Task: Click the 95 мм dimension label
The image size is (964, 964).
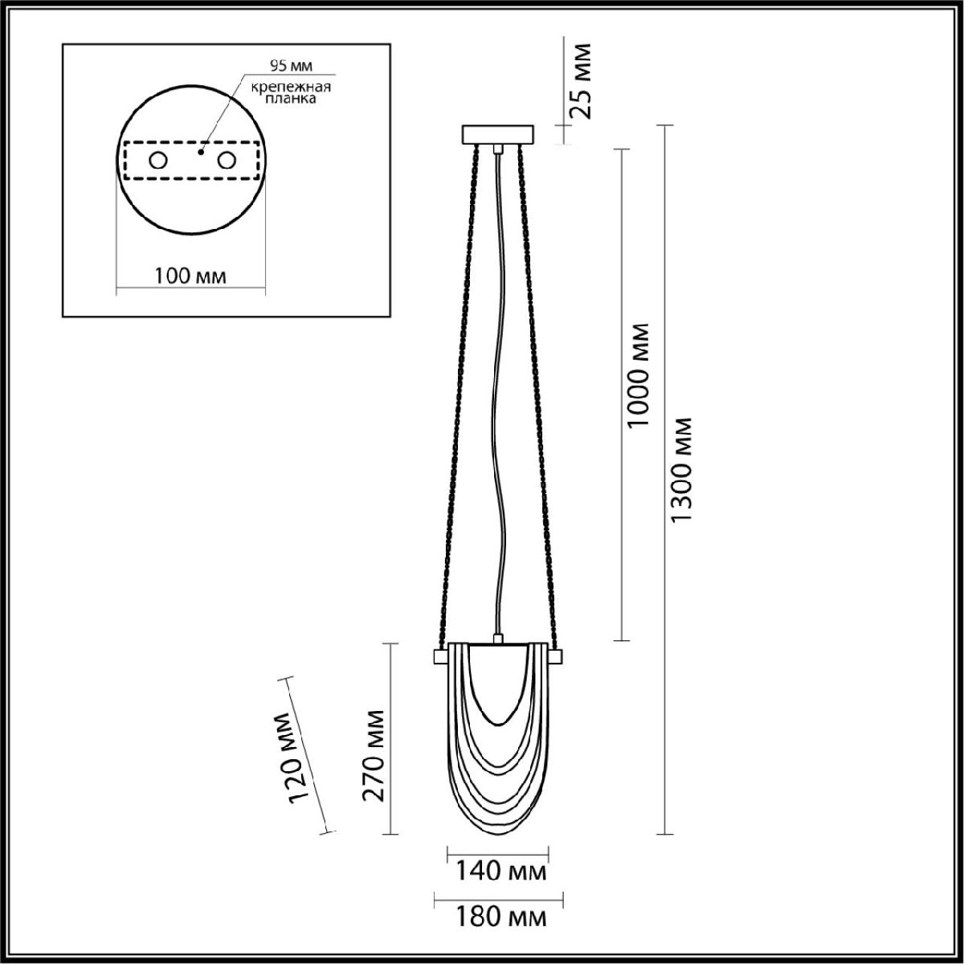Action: (x=291, y=65)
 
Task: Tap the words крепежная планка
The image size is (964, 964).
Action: (x=291, y=92)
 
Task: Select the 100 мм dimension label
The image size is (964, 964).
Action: (x=190, y=276)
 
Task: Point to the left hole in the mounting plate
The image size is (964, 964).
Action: (x=158, y=161)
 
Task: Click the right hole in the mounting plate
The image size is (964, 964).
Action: (x=226, y=161)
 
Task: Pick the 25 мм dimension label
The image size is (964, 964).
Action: (x=582, y=81)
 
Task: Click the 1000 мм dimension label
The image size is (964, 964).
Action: (x=639, y=374)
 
